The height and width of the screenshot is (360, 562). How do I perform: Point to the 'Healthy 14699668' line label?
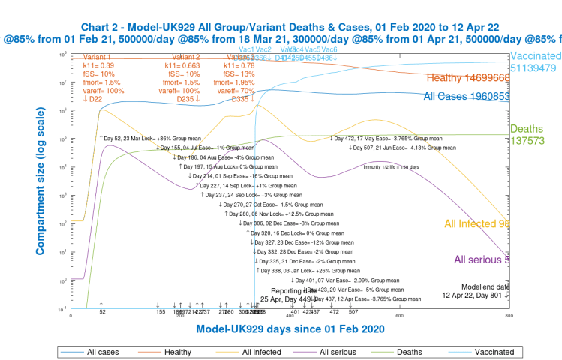click(467, 78)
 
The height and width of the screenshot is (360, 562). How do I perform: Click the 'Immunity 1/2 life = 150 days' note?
click(396, 167)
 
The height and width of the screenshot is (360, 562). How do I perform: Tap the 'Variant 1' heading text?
click(98, 56)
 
